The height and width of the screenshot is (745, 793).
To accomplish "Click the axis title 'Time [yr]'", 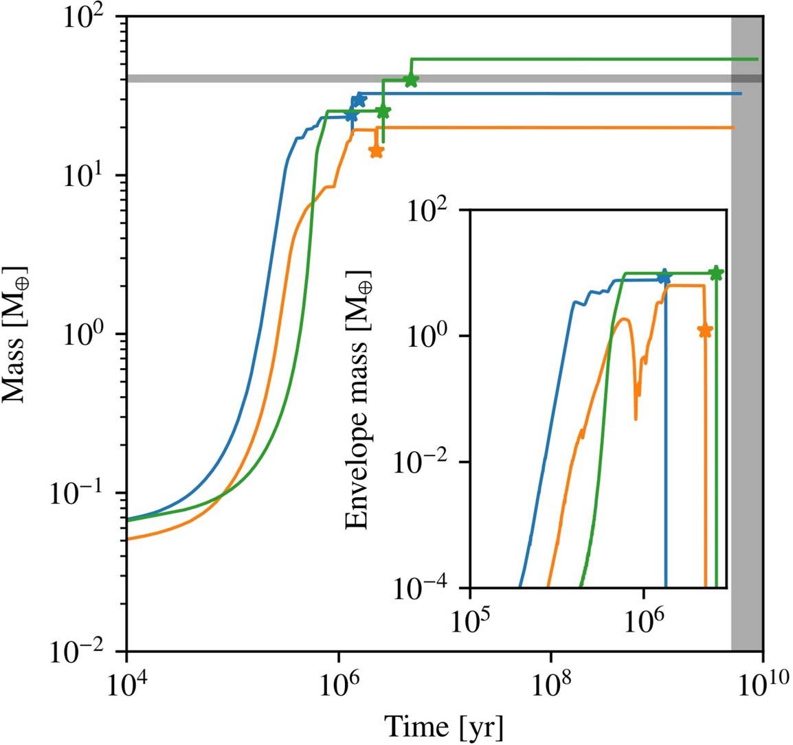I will (443, 725).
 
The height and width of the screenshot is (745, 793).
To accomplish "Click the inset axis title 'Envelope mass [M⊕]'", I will (357, 398).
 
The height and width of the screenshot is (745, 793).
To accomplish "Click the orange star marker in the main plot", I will (376, 151).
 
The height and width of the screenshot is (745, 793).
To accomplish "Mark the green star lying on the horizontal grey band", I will (411, 80).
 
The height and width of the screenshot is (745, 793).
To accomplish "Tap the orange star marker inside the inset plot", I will (704, 330).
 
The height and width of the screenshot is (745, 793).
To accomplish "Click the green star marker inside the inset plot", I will (715, 273).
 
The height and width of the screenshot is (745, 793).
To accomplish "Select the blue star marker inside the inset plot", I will (664, 276).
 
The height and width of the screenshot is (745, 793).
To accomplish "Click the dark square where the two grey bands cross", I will (746, 78).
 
